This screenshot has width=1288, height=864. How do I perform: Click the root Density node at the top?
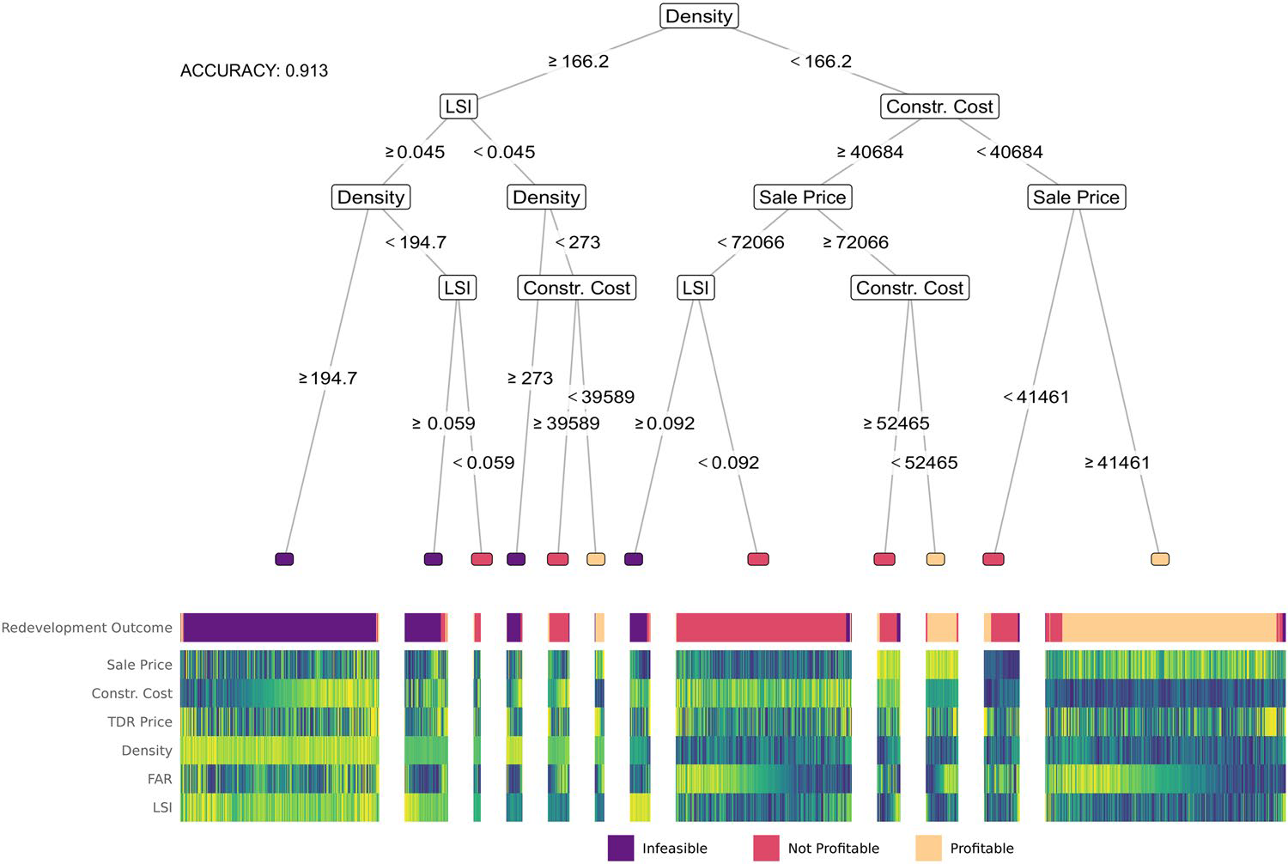pos(699,16)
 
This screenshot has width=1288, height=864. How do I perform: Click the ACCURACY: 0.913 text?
pos(254,70)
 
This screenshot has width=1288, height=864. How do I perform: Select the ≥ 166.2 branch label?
pos(578,61)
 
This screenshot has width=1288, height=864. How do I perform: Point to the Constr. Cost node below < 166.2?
pos(939,106)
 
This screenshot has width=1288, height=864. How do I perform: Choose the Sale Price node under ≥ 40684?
pos(802,197)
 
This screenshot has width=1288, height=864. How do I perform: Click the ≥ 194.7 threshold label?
pos(327,378)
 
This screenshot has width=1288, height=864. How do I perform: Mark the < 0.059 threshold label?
pos(483,463)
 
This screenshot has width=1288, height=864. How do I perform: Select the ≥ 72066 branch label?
pos(855,242)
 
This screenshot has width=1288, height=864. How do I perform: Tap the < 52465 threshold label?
pos(924,463)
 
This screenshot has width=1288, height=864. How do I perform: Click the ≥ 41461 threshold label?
pos(1117,463)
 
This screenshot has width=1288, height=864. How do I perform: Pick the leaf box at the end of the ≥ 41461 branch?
pos(1160,559)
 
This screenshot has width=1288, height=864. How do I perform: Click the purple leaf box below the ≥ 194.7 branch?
pos(284,559)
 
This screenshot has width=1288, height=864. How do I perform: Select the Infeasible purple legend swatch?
pos(620,848)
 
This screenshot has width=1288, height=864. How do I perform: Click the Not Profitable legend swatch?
pos(766,848)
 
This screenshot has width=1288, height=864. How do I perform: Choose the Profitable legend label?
pos(981,848)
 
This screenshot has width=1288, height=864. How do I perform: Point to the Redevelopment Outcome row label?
pos(87,628)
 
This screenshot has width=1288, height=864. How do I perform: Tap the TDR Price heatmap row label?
pos(139,721)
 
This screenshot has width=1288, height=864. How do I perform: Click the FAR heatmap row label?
pos(160,779)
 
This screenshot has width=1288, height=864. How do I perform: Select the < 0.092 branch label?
pos(728,463)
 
